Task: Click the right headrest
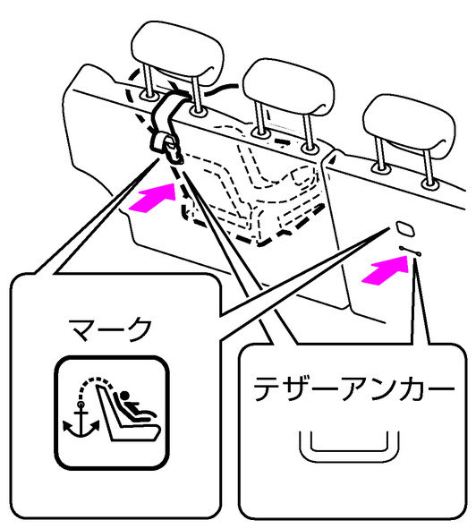click(x=409, y=125)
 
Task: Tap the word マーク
click(x=110, y=329)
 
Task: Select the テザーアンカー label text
click(x=353, y=389)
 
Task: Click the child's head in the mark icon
click(x=125, y=396)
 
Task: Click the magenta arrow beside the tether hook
click(x=154, y=199)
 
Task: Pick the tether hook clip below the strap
click(x=169, y=148)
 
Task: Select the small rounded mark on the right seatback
click(x=405, y=228)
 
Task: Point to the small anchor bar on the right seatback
click(x=410, y=251)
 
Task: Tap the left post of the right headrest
click(x=380, y=152)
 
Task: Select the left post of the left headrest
click(x=149, y=80)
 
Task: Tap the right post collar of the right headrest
click(x=429, y=184)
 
